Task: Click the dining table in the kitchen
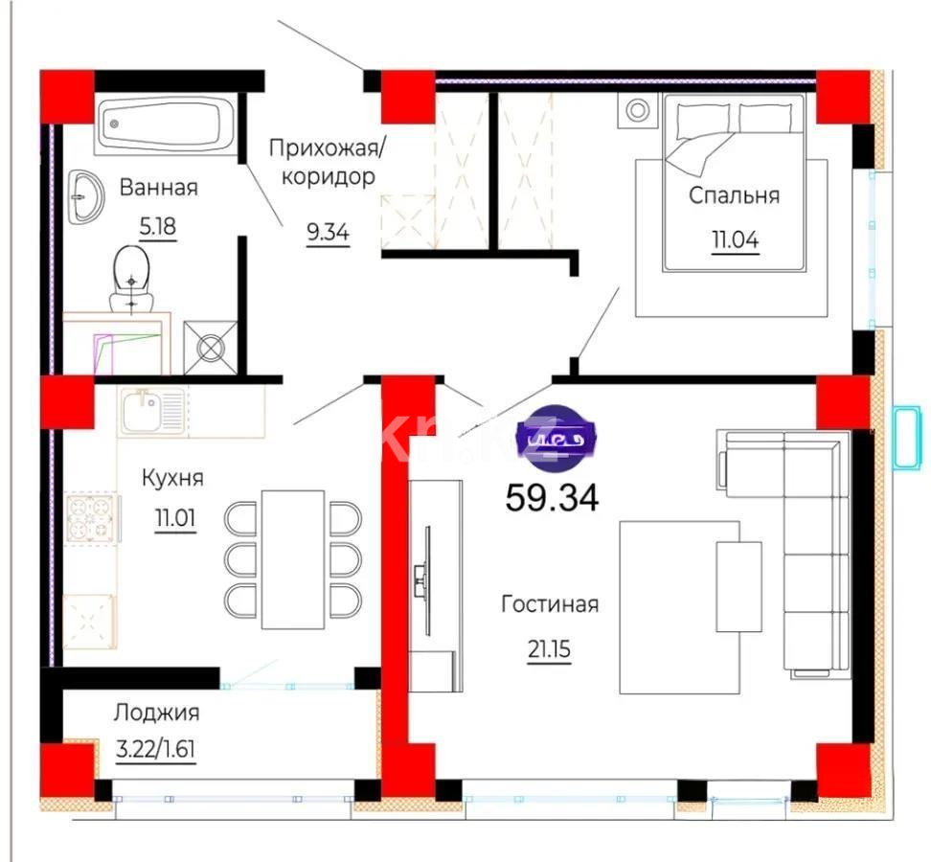click(x=292, y=559)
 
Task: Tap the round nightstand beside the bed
click(x=638, y=111)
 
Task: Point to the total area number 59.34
click(x=552, y=498)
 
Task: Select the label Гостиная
click(x=550, y=604)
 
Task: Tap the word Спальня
click(x=735, y=196)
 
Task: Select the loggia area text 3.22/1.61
click(x=155, y=749)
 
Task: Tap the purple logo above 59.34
click(x=556, y=440)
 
